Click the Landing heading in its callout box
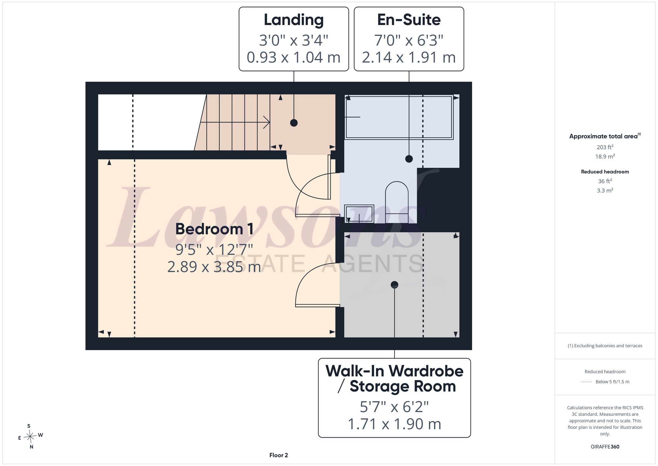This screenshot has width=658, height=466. [293, 20]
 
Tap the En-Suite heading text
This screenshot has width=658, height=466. [409, 20]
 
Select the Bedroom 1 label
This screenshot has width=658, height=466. [214, 229]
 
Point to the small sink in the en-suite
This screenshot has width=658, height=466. [359, 213]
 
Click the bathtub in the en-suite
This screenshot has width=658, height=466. [399, 117]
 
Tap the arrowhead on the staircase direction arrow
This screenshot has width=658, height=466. [267, 123]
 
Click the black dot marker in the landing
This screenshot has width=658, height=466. [294, 123]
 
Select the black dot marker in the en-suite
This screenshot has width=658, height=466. [409, 159]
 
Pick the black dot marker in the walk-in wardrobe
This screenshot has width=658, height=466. [394, 285]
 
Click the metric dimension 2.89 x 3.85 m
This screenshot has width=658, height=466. [214, 267]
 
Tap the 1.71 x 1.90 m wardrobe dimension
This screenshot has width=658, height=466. [394, 424]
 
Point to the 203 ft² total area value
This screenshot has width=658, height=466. [605, 147]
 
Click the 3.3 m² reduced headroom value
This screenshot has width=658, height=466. [605, 190]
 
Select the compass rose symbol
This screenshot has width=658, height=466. [30, 437]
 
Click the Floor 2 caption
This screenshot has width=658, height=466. [279, 455]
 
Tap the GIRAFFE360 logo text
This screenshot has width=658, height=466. [605, 447]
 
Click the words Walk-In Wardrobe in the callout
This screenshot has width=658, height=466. [394, 371]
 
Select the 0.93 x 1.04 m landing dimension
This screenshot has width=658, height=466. [293, 57]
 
